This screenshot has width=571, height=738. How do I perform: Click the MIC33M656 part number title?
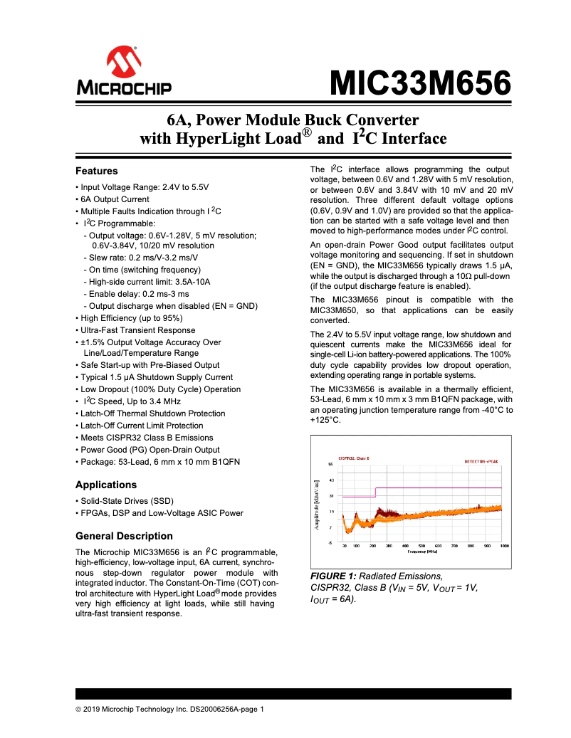click(x=419, y=83)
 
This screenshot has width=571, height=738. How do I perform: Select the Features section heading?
click(x=96, y=171)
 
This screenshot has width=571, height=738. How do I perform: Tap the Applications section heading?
click(x=105, y=485)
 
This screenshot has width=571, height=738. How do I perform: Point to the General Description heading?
click(x=123, y=536)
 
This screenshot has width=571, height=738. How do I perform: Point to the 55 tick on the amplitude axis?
click(x=330, y=464)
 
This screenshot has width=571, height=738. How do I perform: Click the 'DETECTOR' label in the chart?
click(x=476, y=460)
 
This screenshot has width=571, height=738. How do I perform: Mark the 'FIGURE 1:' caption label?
click(x=332, y=576)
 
